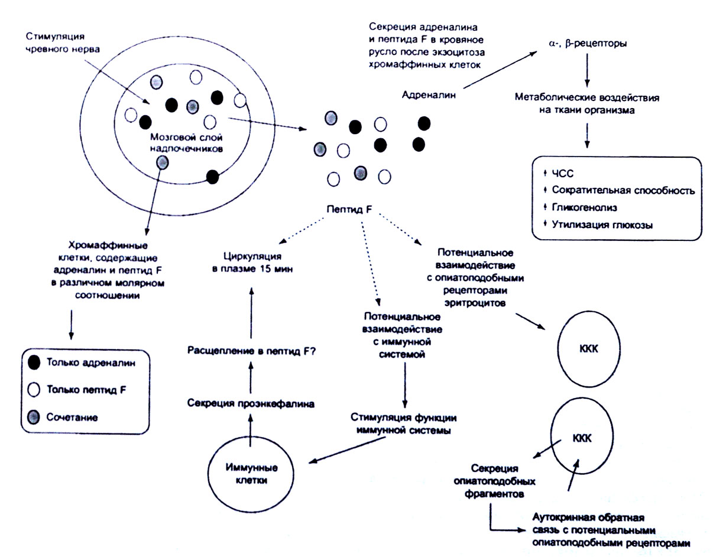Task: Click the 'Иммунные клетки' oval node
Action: coord(251,473)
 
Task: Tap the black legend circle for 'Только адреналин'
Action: coord(34,363)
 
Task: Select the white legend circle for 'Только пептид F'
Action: coord(34,390)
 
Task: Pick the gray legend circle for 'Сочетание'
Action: coord(34,417)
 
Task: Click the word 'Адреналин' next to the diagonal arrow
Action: coord(429,95)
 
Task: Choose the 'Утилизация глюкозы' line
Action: coord(598,225)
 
